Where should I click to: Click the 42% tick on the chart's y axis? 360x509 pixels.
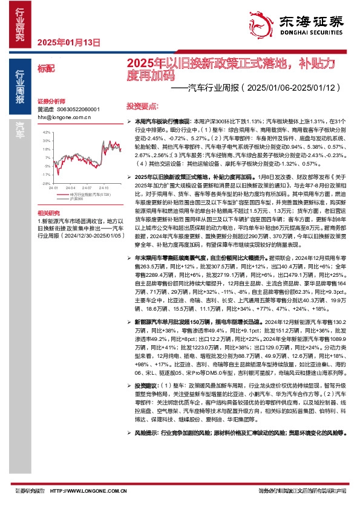pos(46,131)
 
